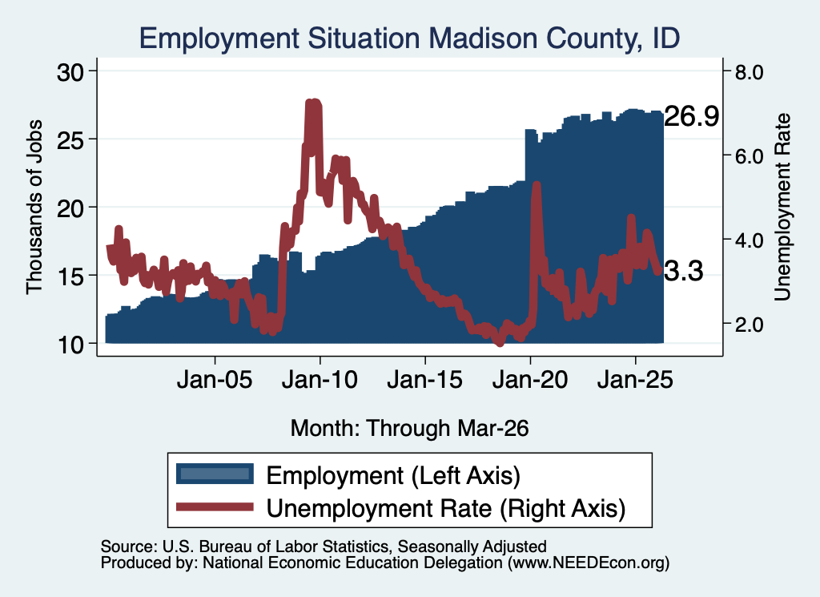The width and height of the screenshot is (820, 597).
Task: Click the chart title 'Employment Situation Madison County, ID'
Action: [409, 38]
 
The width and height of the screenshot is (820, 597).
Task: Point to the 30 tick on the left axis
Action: [70, 72]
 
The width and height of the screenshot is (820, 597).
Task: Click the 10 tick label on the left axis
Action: [70, 345]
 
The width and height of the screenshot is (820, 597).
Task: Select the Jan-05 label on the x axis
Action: [215, 379]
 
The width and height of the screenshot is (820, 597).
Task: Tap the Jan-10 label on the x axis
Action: [320, 379]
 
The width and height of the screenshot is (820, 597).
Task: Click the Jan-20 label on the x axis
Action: [530, 379]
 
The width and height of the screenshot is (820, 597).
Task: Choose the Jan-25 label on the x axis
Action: [635, 379]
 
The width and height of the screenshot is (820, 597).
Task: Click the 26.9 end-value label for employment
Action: [692, 116]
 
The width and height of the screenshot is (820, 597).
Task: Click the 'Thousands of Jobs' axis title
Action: [34, 207]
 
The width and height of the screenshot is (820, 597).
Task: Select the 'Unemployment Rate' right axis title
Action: [782, 208]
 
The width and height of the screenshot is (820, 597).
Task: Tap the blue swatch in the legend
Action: [215, 474]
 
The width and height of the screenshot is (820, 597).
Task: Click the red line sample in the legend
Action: [215, 506]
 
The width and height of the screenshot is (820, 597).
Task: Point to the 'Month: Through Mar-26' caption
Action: [409, 428]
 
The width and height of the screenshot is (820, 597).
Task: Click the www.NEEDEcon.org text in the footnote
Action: [589, 563]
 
